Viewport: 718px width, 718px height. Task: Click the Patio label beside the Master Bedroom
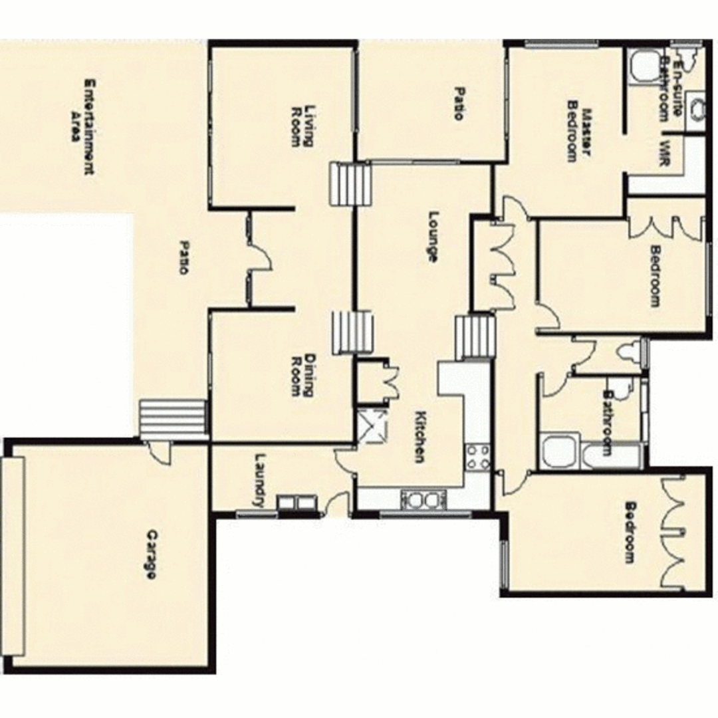pyautogui.click(x=458, y=103)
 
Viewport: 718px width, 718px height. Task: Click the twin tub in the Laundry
pyautogui.click(x=297, y=504)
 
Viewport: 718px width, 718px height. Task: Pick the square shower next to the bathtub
pyautogui.click(x=559, y=453)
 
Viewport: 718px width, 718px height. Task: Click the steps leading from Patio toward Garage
pyautogui.click(x=174, y=419)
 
